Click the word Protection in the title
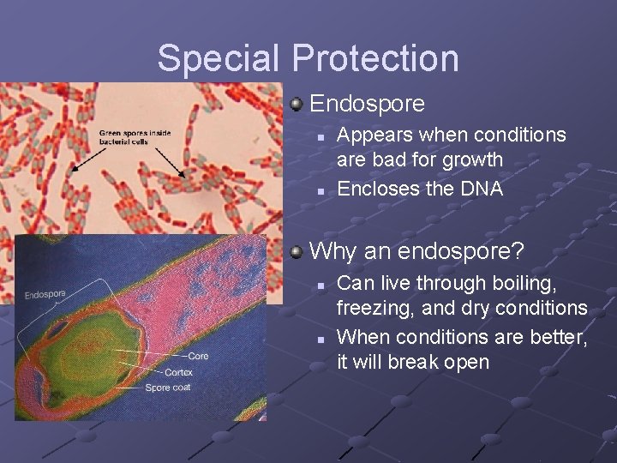tap(374, 58)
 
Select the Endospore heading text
tap(367, 105)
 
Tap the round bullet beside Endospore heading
tap(297, 105)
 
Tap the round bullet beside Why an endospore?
tap(297, 251)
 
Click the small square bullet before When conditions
tap(319, 338)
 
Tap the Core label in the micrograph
tap(198, 356)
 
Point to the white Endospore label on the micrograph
tap(45, 295)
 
